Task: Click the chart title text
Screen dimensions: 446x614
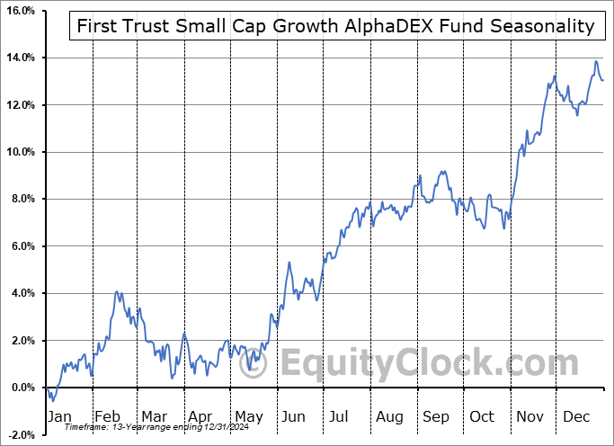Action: click(332, 26)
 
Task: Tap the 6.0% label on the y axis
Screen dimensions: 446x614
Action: click(21, 246)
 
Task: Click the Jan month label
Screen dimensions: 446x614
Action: click(60, 416)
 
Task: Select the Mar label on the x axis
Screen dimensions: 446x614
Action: click(154, 416)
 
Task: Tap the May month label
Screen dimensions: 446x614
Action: click(248, 416)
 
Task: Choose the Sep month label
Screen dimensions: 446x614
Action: click(437, 416)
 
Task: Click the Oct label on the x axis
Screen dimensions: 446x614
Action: click(483, 416)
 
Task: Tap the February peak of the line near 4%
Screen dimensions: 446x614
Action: click(117, 291)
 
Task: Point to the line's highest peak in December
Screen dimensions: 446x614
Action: click(595, 61)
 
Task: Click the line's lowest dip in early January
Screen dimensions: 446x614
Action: click(52, 399)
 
